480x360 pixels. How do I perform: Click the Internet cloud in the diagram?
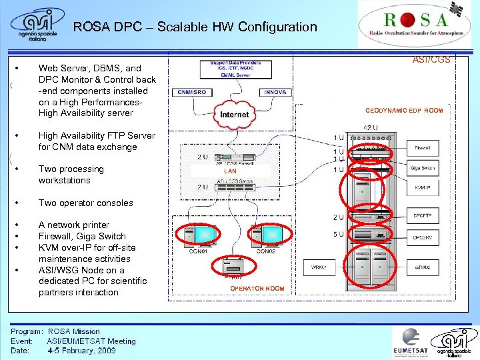[233, 114]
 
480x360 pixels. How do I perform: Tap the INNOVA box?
[275, 92]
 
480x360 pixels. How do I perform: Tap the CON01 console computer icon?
[200, 234]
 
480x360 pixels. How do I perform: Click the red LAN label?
[229, 171]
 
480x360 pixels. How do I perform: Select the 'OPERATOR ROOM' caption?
[257, 289]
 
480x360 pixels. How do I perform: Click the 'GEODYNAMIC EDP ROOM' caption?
[403, 111]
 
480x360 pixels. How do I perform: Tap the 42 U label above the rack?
[371, 127]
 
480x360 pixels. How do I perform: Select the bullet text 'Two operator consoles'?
[86, 203]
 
